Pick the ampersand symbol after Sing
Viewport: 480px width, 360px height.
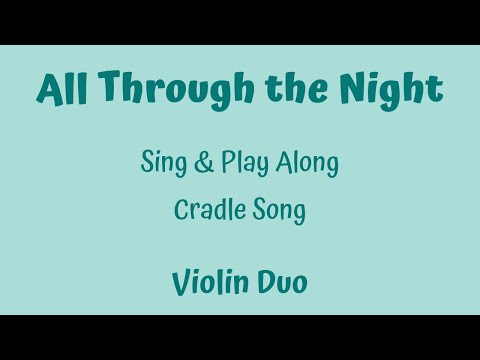click(x=204, y=164)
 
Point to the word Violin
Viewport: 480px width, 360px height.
click(x=210, y=281)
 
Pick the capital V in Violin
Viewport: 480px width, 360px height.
click(x=180, y=281)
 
